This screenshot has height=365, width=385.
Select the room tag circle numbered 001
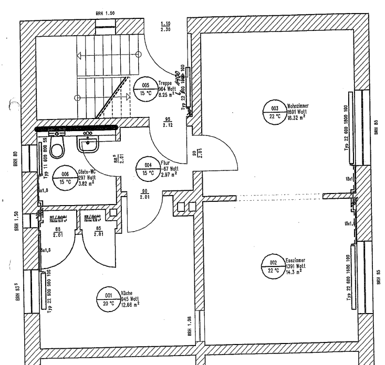coord(108,300)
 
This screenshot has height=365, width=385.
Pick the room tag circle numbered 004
coord(148,168)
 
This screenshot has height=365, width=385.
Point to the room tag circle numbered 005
coord(145,88)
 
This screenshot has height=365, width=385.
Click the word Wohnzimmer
coord(298,105)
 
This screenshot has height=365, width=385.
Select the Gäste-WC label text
coord(88,171)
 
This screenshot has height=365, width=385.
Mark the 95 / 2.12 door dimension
coord(168,122)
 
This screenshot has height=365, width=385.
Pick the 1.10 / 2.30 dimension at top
coord(165,27)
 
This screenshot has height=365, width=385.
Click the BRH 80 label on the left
coord(15,158)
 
